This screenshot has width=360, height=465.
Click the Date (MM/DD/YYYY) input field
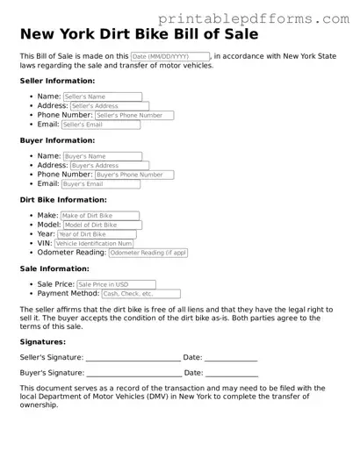169,56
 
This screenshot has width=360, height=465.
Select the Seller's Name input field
102,97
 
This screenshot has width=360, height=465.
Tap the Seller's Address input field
109,106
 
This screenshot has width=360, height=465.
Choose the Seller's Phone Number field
134,115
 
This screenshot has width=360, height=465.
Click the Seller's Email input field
101,125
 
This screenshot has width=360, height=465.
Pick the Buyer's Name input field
102,156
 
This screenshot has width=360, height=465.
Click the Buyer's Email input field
101,184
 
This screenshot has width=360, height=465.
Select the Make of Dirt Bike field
99,216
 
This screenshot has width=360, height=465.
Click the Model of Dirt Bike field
102,225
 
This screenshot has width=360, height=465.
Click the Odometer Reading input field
148,253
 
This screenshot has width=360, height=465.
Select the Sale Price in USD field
116,284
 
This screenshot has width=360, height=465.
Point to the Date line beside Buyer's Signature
231,374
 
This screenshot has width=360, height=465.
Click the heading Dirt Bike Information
63,200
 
